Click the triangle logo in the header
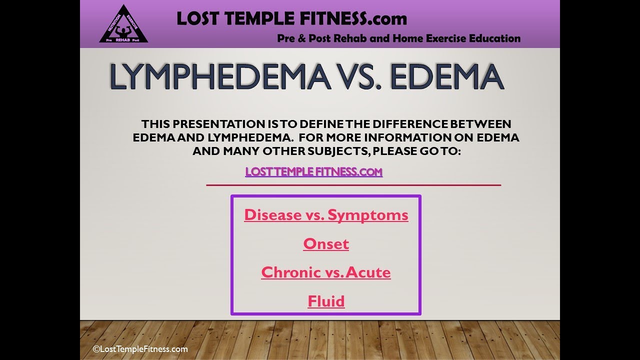[123, 25]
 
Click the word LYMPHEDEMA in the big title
[220, 77]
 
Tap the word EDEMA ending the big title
[439, 77]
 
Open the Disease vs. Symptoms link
[326, 215]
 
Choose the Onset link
[326, 244]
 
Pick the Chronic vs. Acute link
[326, 272]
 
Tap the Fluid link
[326, 301]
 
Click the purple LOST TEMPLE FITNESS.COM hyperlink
[313, 172]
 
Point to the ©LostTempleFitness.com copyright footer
[140, 349]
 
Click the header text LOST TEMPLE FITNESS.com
[291, 19]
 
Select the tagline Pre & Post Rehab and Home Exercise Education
[398, 38]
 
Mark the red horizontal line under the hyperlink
[353, 185]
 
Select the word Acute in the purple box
[368, 272]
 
